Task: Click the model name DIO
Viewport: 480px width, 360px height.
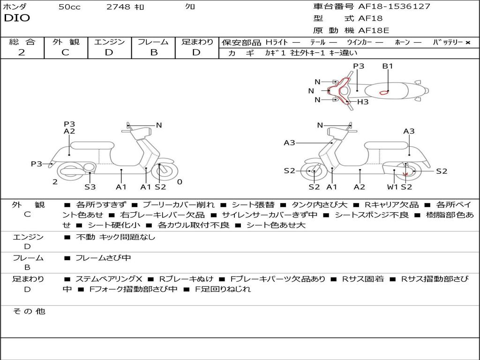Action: (17, 18)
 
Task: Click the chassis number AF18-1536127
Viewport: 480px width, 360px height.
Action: (394, 6)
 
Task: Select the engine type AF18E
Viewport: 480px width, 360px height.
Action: (374, 30)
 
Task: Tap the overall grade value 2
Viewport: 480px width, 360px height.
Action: (22, 52)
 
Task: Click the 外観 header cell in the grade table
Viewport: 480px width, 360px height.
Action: (66, 42)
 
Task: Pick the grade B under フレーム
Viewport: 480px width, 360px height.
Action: (154, 52)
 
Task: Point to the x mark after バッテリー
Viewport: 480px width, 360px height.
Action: (468, 43)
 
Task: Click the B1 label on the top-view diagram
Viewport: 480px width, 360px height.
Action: (388, 66)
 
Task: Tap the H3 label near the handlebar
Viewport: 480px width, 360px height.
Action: (363, 102)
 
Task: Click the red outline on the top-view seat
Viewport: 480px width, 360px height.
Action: (384, 92)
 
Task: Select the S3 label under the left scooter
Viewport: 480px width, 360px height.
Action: (90, 187)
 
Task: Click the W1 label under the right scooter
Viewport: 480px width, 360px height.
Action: (392, 187)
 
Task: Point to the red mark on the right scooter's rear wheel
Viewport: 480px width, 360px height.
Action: (405, 174)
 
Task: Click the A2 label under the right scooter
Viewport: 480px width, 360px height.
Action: (360, 187)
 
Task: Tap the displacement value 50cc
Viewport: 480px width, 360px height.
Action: (69, 7)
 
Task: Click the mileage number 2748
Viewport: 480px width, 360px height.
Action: (118, 7)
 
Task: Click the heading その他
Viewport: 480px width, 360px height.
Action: (29, 311)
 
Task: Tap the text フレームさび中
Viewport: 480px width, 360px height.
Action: (103, 258)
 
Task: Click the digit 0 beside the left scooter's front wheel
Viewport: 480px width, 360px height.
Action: (180, 182)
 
